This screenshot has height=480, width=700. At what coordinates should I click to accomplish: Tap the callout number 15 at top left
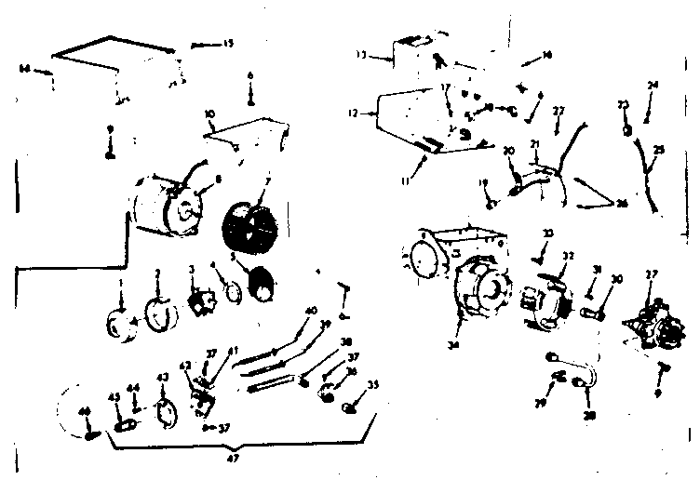tap(228, 44)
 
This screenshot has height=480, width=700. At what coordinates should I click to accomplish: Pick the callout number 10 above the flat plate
tap(209, 113)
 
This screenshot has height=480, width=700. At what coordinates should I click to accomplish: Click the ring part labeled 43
tap(164, 410)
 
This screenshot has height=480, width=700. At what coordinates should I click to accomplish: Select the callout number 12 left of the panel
tap(352, 113)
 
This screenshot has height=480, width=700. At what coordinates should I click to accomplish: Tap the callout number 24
tap(653, 86)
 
